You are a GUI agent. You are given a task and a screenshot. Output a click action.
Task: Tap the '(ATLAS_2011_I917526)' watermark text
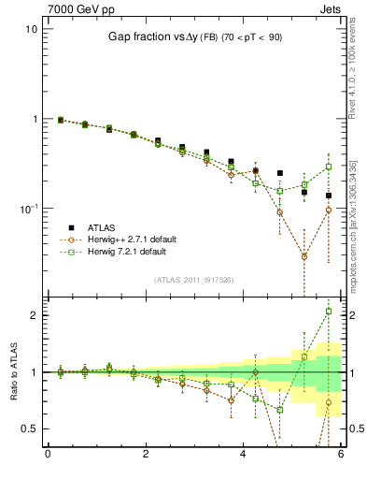(193, 279)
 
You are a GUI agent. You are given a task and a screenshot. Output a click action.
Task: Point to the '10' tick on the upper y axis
(31, 29)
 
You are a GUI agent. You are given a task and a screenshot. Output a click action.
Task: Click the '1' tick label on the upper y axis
(34, 119)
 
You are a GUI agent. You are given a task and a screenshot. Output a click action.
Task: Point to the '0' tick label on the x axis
(48, 456)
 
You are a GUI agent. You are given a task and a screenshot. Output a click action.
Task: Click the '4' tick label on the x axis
(243, 456)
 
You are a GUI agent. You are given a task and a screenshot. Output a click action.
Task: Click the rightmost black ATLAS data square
(329, 196)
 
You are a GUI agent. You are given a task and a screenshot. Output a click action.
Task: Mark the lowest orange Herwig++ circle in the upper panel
(304, 255)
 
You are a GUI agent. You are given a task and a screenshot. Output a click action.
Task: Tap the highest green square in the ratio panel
(329, 312)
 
